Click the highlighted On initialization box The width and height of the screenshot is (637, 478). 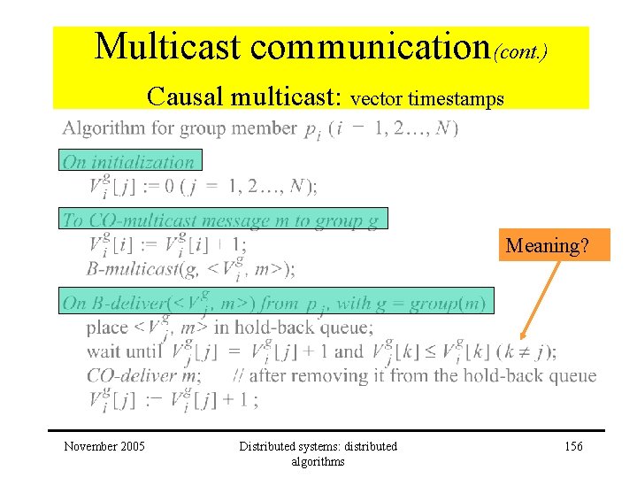[x=132, y=160]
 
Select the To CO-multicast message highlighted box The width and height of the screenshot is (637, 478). [x=225, y=220]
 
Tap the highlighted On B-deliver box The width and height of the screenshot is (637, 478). [x=278, y=301]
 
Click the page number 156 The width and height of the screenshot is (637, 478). [x=573, y=446]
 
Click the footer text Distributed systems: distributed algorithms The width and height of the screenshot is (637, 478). [x=318, y=453]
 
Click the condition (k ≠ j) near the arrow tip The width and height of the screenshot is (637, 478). [x=526, y=351]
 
